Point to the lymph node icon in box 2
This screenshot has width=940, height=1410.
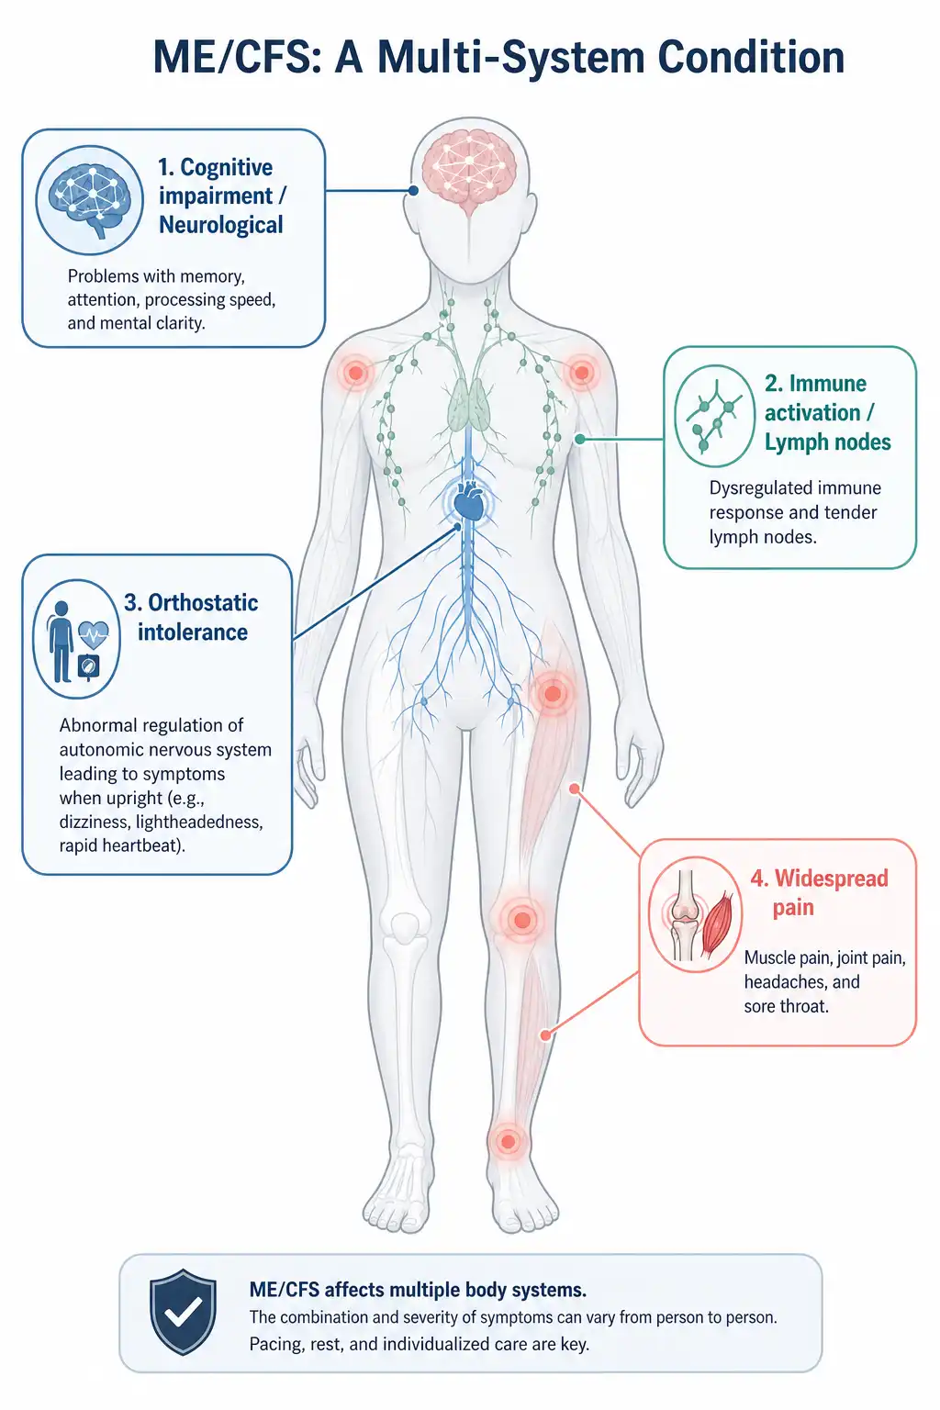tap(714, 416)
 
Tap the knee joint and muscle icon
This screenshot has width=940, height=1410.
tap(696, 914)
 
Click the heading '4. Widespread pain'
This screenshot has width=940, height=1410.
tap(819, 892)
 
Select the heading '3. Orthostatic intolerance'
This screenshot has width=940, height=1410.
tap(192, 618)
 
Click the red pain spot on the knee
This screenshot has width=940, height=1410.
tap(522, 921)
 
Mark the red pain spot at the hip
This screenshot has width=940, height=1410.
tap(553, 694)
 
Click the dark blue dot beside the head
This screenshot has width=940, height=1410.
tap(413, 190)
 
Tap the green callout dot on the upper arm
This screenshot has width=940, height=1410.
tap(580, 439)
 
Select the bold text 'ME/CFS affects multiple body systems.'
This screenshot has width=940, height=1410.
tap(418, 1290)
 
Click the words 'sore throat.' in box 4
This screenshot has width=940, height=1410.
tap(786, 1006)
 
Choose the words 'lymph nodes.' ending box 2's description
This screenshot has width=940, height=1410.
tap(763, 537)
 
